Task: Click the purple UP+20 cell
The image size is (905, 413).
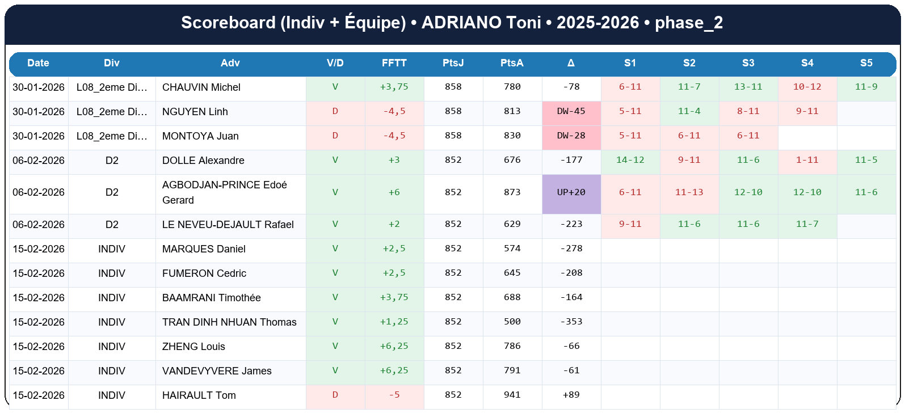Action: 571,192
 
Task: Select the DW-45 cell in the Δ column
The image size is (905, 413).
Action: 571,111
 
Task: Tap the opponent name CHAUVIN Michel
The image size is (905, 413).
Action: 201,87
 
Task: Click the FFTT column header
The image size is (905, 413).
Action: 394,63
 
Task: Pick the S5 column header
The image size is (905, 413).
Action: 866,63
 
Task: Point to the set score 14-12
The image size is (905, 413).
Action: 630,160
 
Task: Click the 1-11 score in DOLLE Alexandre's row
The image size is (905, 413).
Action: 807,160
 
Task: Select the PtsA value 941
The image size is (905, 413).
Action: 512,395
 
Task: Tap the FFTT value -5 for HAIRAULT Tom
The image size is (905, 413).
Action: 394,395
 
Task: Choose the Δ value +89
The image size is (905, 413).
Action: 571,395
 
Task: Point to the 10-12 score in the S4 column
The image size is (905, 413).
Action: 807,87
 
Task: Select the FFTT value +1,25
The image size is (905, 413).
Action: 394,322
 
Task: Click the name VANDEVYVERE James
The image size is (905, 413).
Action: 217,371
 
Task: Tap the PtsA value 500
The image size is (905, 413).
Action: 512,322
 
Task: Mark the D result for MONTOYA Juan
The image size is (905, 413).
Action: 335,136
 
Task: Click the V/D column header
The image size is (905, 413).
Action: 335,63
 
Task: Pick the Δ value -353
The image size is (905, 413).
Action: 571,322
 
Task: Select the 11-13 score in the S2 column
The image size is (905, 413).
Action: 689,192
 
